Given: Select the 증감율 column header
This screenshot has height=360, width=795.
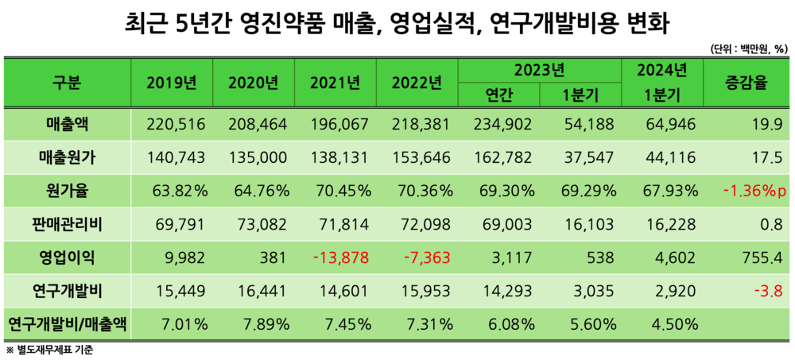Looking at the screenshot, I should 747,83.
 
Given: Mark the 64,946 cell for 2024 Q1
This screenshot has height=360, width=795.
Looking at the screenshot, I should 669,125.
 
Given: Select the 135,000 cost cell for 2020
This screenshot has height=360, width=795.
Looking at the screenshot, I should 263,158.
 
